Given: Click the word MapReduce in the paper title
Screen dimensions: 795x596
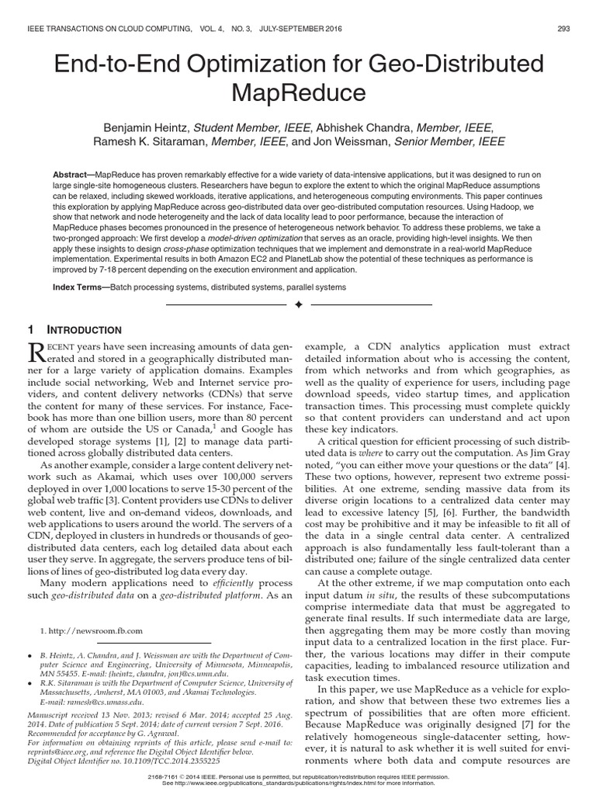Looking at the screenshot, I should click(x=297, y=92).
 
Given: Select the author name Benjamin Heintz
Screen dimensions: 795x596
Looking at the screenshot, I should click(x=145, y=127).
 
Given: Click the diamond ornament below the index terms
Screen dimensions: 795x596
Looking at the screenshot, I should click(x=297, y=305).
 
